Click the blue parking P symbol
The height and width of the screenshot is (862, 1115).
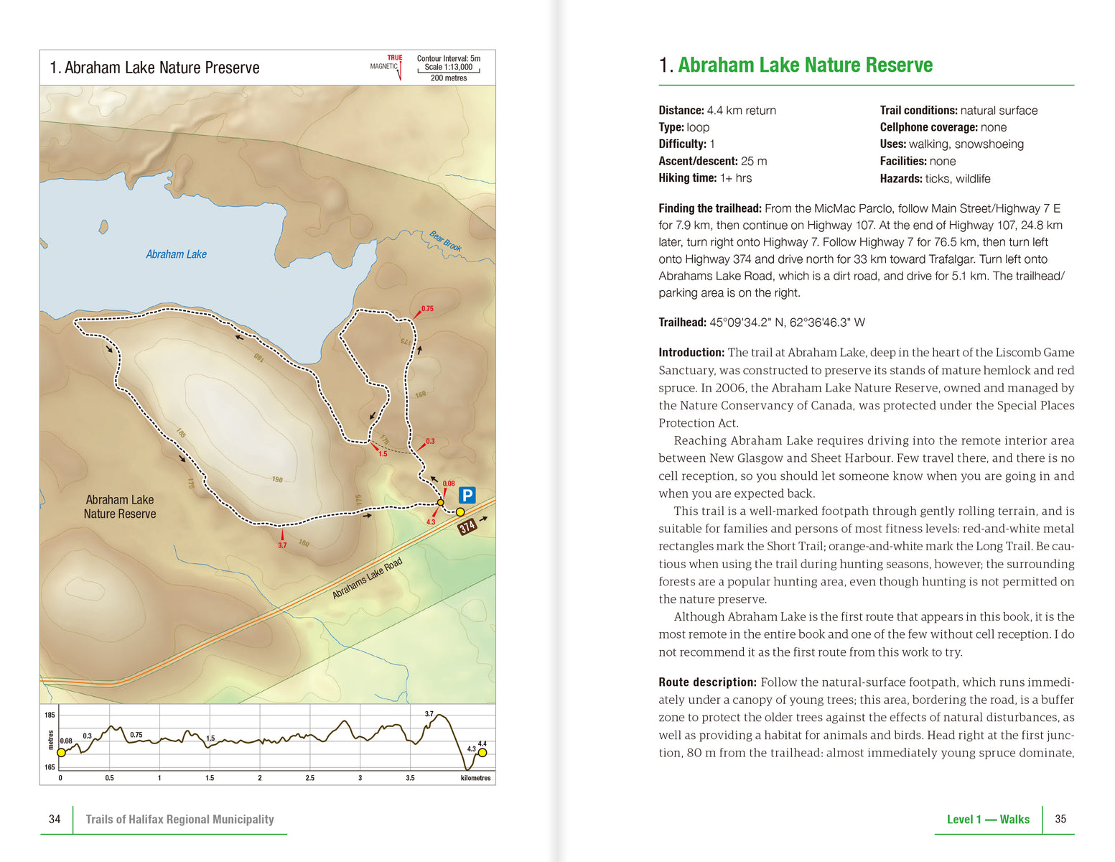pos(467,495)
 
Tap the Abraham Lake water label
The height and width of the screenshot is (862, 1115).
pos(176,254)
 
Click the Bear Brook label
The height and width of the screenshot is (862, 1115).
pos(445,241)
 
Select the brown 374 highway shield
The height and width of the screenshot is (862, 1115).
pos(467,527)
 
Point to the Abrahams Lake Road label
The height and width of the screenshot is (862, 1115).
pos(367,578)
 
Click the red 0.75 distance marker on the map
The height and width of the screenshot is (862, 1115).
pos(427,309)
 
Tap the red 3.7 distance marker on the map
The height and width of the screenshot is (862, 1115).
pos(282,545)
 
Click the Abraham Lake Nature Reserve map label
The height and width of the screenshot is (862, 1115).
pos(120,506)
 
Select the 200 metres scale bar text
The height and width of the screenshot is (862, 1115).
pos(449,78)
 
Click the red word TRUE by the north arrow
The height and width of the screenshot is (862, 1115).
pos(395,58)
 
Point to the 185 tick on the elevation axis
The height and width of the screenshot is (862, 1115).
pos(50,715)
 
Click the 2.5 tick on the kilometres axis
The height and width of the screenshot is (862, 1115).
pos(309,778)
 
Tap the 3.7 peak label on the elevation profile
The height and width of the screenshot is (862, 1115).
pos(429,714)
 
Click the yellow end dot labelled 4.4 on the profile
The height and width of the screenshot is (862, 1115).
pos(482,752)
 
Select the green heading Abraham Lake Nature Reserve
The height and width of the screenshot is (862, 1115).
pos(805,65)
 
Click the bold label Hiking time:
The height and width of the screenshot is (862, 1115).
pos(687,178)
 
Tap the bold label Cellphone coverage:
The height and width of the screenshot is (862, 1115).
pos(928,127)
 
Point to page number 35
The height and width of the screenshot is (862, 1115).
pos(1060,819)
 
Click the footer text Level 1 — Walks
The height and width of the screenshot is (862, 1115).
pos(988,820)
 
